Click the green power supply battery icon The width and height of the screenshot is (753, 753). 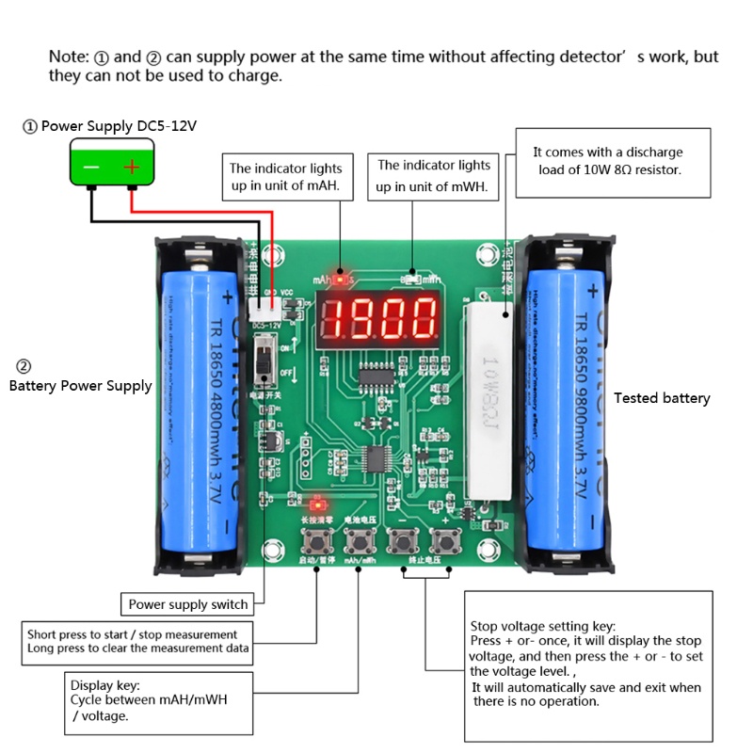click(x=111, y=166)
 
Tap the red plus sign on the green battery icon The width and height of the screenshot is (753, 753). click(x=132, y=168)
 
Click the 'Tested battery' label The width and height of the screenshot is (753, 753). click(x=662, y=398)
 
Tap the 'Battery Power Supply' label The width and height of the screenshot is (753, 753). click(x=80, y=385)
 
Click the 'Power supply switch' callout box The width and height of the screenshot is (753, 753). click(x=187, y=604)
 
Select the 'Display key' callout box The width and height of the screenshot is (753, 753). click(x=161, y=702)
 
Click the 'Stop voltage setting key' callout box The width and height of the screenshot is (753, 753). click(x=588, y=665)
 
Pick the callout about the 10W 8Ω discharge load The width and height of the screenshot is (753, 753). click(x=613, y=162)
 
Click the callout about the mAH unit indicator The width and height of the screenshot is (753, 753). click(x=292, y=177)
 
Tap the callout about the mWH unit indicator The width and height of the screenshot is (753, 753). click(x=434, y=176)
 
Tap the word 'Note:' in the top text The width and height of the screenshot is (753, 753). click(x=70, y=56)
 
